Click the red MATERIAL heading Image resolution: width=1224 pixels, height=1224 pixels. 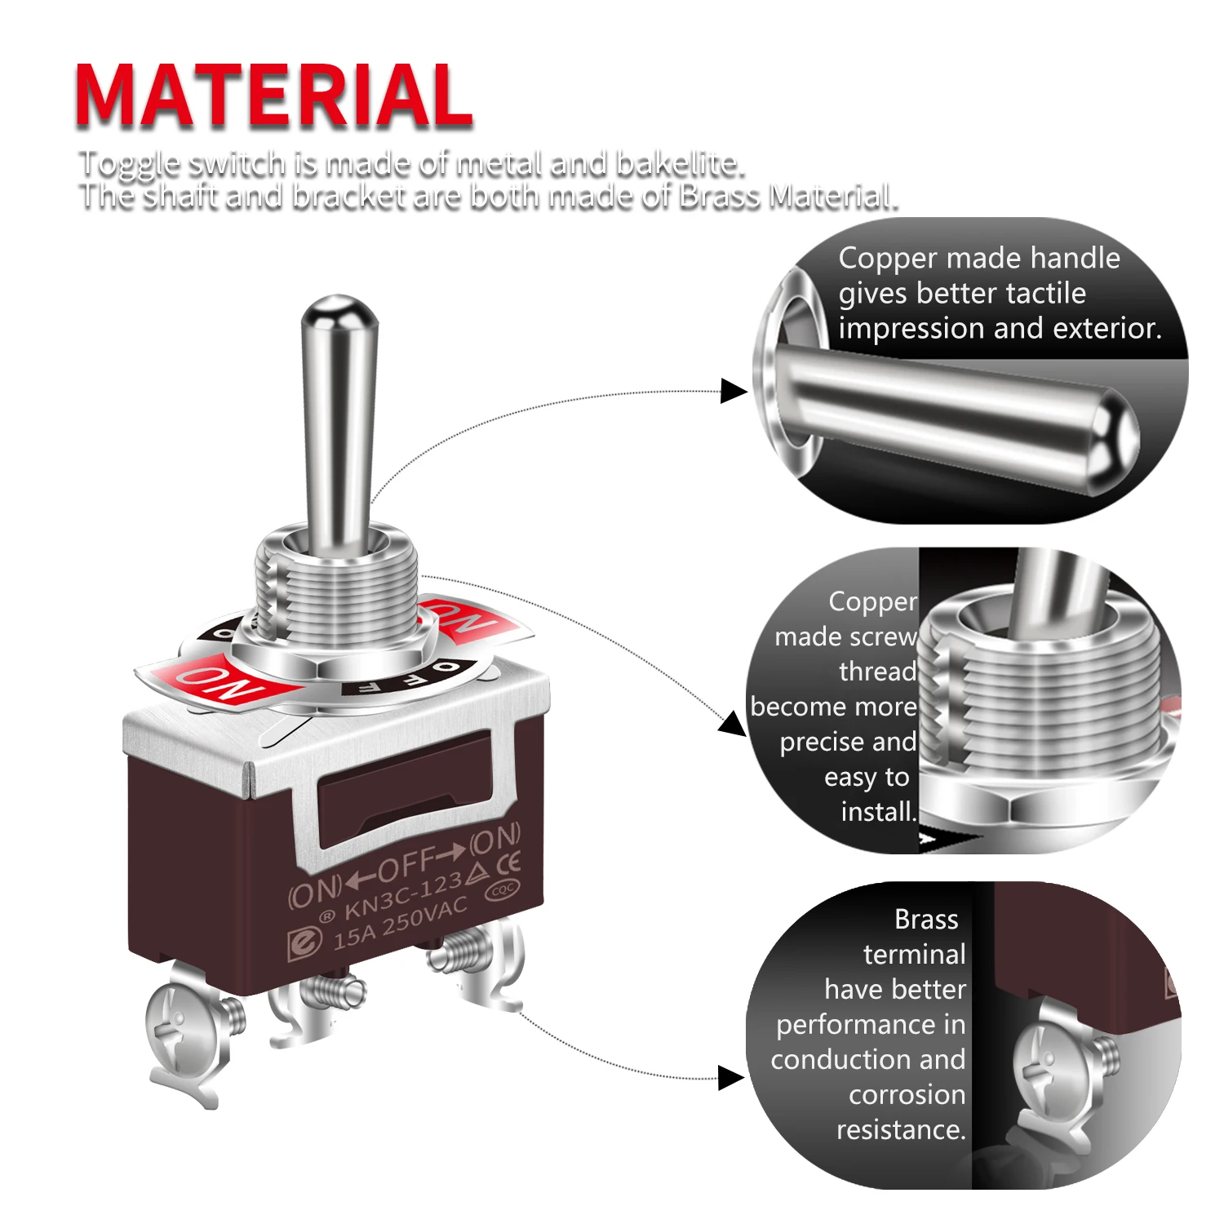coord(274,95)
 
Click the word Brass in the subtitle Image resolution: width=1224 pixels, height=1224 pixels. coord(721,197)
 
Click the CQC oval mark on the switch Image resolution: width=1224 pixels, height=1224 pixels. coord(501,889)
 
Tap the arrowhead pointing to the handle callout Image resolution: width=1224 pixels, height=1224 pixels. coord(734,391)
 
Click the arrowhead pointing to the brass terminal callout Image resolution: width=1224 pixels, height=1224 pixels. coord(731,1078)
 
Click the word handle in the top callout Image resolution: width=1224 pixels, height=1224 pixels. coord(1075,258)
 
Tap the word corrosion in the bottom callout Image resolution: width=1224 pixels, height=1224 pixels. coord(907,1095)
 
